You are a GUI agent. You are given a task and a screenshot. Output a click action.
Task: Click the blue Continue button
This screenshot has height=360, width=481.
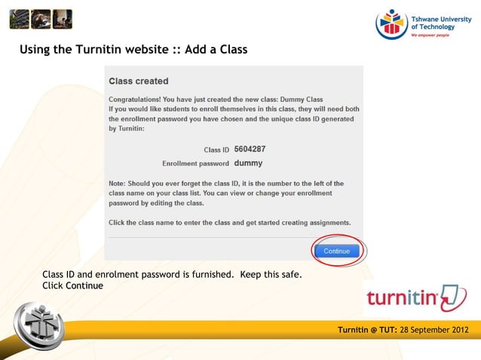click(336, 251)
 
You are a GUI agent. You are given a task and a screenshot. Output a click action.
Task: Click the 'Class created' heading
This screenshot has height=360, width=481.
click(139, 81)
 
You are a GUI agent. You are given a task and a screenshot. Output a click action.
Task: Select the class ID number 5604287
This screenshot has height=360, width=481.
click(250, 149)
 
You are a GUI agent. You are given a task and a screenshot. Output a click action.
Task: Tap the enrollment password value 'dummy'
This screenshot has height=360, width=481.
click(248, 163)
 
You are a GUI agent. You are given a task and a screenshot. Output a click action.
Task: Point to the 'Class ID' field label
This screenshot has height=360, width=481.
click(216, 150)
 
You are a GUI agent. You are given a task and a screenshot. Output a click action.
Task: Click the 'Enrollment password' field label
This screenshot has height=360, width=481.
click(195, 163)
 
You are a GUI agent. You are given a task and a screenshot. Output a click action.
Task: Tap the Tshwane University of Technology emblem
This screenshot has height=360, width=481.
click(391, 23)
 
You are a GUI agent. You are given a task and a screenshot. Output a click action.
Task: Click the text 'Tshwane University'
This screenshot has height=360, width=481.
click(441, 18)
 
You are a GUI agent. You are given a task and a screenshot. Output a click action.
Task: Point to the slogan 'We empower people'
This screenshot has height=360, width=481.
click(430, 35)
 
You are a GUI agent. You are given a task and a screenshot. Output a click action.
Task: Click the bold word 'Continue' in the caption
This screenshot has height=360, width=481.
click(84, 286)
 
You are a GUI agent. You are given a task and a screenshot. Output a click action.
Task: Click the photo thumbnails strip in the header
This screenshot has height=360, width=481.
click(41, 19)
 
